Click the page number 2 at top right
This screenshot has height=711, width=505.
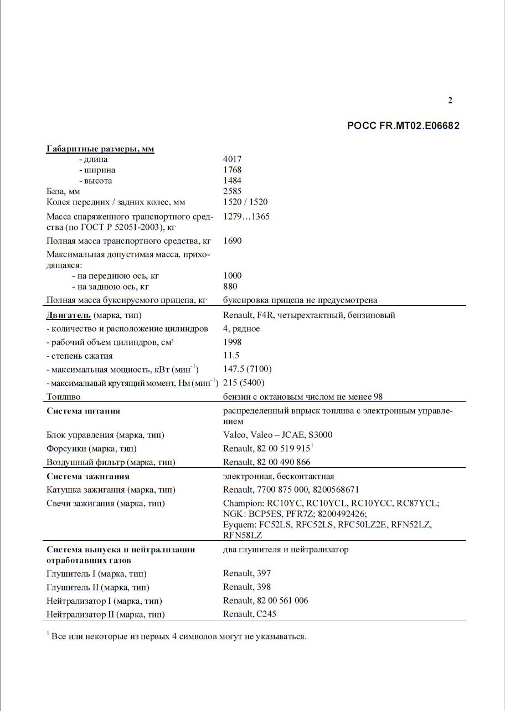[450, 100]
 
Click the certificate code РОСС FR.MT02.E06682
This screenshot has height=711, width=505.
[403, 126]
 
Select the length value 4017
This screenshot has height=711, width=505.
[233, 159]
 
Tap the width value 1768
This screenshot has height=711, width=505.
[233, 170]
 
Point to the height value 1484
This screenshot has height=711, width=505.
[233, 180]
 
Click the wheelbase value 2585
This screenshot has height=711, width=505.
[233, 191]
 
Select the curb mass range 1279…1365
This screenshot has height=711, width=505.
[246, 216]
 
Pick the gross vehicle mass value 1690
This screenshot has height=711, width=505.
[233, 241]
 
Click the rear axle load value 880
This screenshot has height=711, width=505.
[230, 286]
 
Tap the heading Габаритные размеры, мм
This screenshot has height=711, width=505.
[100, 149]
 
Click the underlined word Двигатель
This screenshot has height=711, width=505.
[68, 315]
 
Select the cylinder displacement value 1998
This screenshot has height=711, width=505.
[233, 342]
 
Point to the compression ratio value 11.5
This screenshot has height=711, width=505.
[231, 355]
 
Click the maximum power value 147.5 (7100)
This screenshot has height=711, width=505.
[248, 369]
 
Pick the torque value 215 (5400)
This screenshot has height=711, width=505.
[244, 383]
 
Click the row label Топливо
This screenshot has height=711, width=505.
[64, 396]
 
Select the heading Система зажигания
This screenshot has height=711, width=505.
[88, 476]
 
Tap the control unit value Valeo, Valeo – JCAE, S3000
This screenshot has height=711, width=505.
[278, 435]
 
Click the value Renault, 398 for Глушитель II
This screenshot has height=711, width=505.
[247, 587]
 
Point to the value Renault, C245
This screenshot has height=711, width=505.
[250, 614]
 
